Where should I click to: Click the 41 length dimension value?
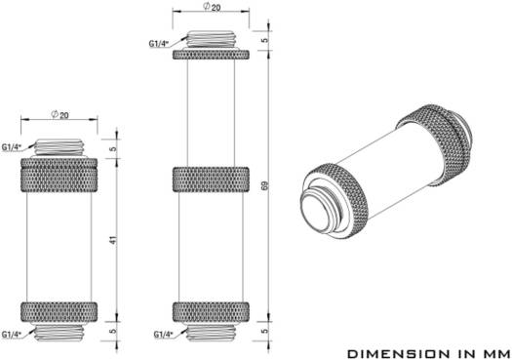click(113, 240)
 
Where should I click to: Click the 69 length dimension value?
click(265, 185)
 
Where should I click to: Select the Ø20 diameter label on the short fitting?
click(59, 115)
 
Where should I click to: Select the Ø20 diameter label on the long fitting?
click(212, 7)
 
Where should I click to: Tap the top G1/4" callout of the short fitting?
click(11, 147)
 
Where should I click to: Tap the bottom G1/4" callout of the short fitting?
click(11, 335)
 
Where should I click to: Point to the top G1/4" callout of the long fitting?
click(159, 44)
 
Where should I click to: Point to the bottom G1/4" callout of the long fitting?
click(163, 335)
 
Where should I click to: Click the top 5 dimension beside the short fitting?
click(113, 149)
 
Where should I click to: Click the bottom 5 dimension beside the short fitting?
click(113, 331)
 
